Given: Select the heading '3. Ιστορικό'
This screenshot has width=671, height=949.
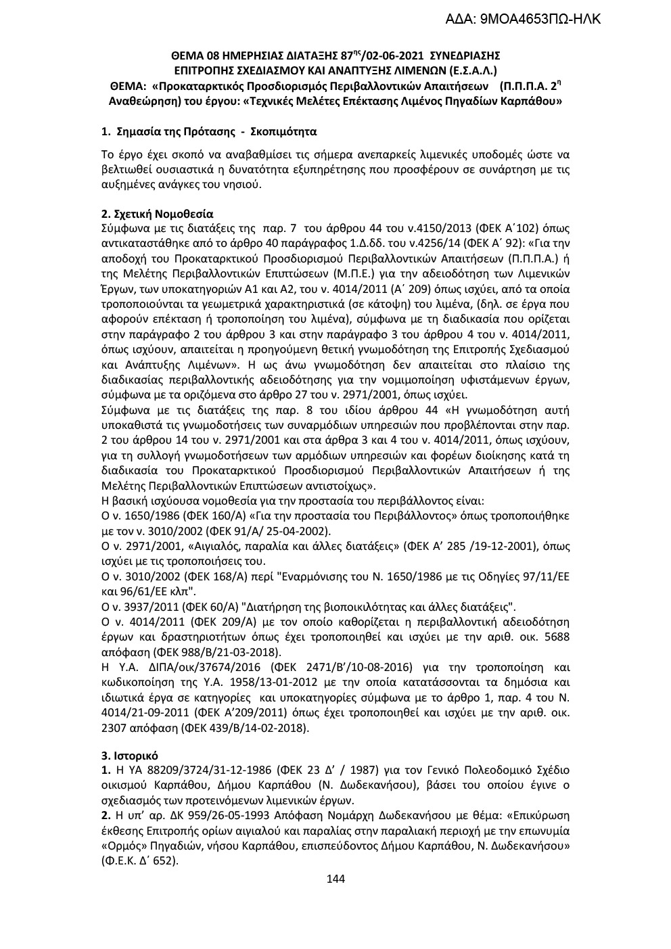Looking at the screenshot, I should (x=129, y=755).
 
